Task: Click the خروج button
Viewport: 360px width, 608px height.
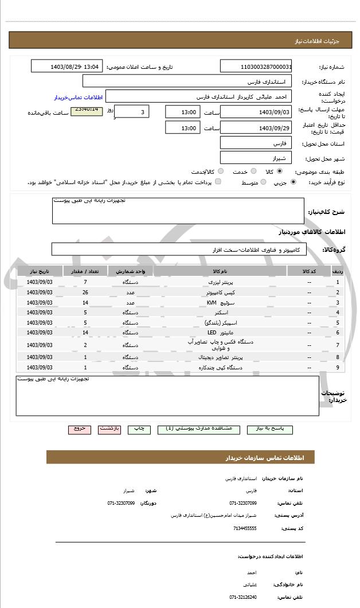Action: [80, 429]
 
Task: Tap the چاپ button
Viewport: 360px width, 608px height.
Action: [139, 429]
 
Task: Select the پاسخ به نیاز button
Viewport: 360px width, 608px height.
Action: [269, 429]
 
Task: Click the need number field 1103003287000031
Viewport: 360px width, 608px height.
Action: [256, 67]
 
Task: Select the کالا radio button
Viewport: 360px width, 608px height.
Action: [279, 172]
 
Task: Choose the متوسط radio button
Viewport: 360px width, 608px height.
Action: [263, 182]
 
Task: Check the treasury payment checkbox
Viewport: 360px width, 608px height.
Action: [218, 182]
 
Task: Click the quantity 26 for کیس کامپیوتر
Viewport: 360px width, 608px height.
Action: [85, 293]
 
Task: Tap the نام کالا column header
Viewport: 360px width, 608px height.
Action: [220, 270]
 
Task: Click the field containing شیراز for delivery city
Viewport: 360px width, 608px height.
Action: [256, 157]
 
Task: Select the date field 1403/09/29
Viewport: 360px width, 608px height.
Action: [256, 128]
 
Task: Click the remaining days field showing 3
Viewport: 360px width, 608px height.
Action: [133, 112]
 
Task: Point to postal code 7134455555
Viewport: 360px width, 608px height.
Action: [245, 528]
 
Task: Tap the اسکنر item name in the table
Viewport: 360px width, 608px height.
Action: [220, 313]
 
